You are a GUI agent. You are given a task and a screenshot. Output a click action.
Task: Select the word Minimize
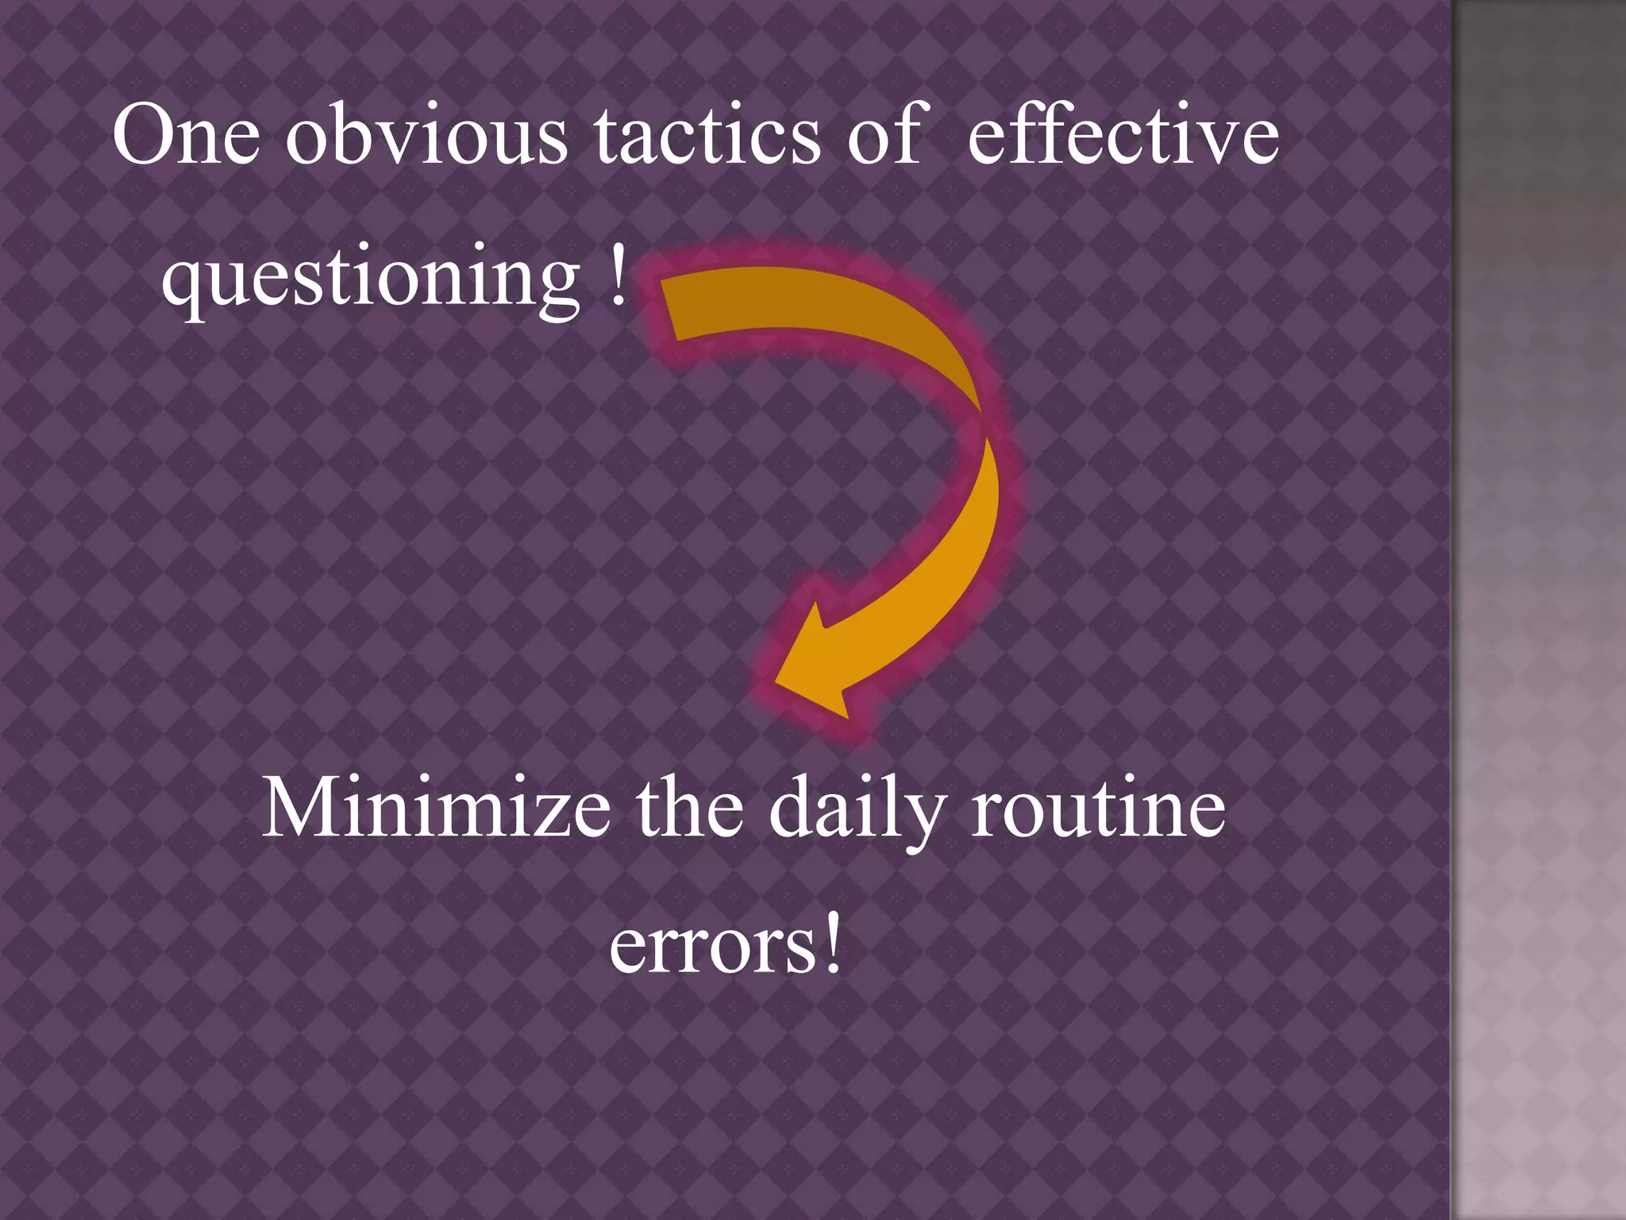point(436,808)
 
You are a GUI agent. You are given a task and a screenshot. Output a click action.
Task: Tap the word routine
point(1098,808)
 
